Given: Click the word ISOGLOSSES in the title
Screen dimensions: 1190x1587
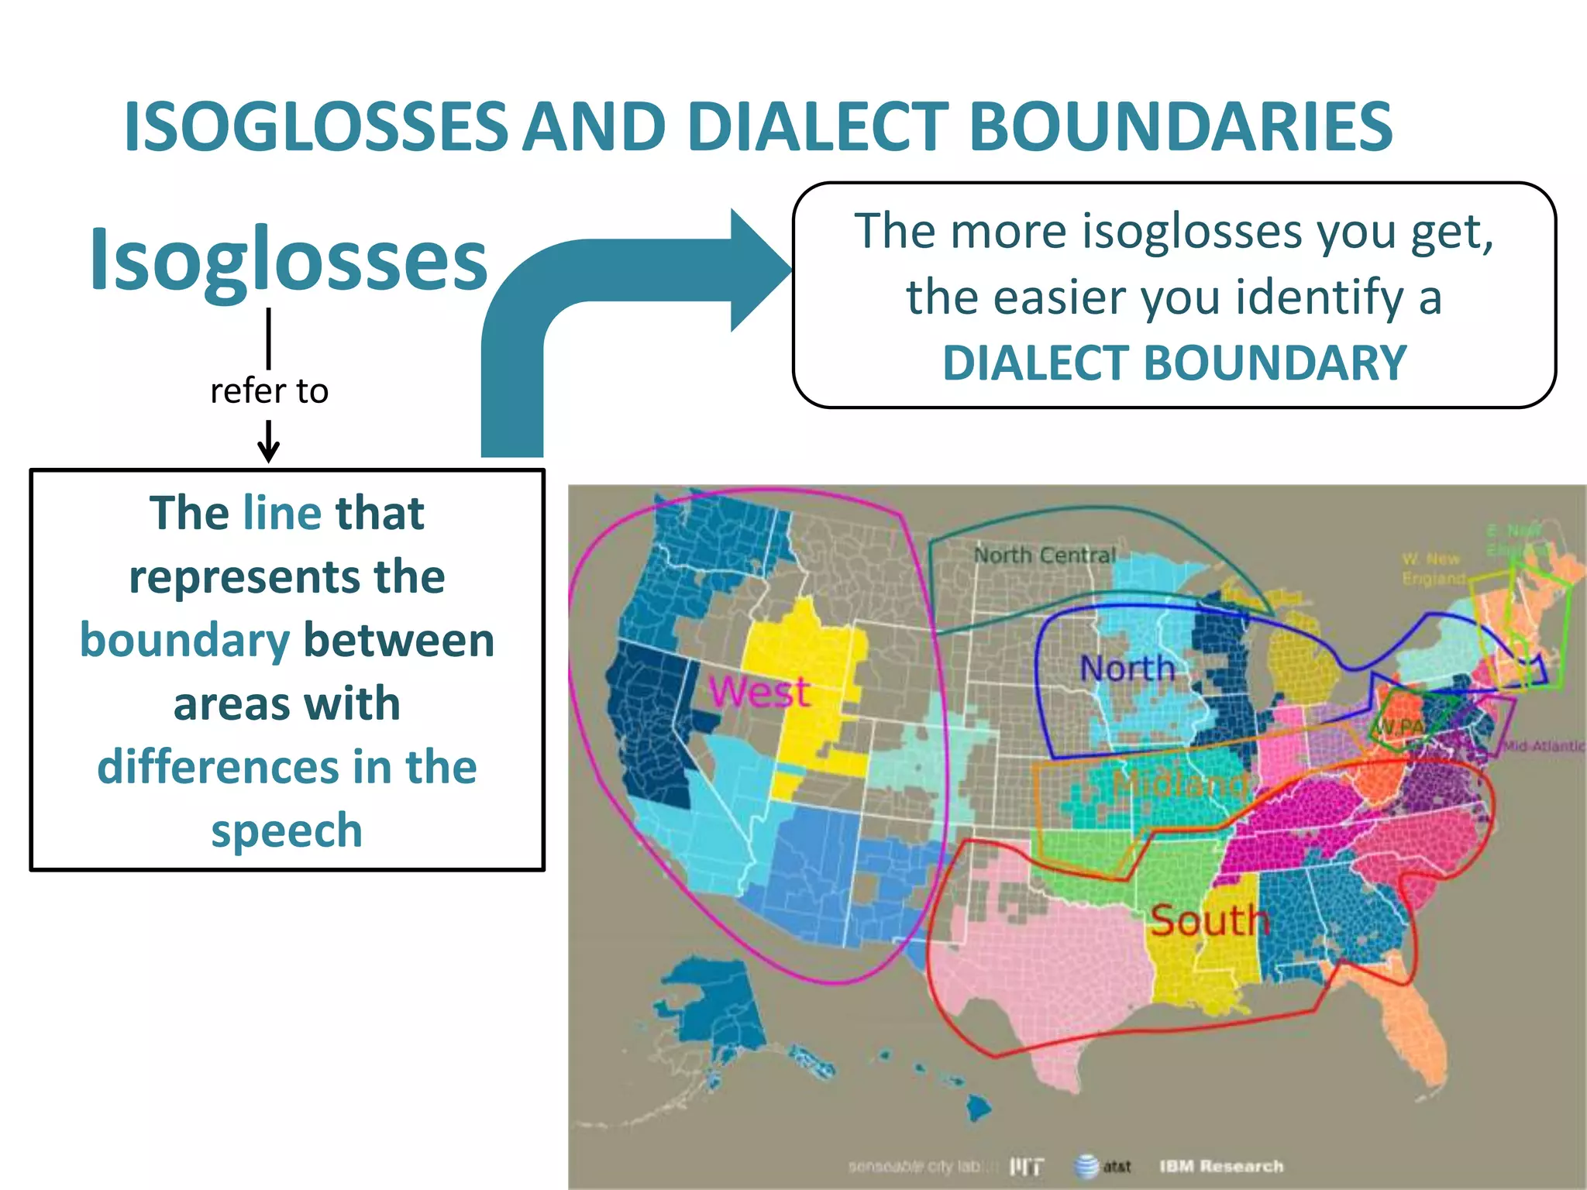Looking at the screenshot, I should tap(316, 127).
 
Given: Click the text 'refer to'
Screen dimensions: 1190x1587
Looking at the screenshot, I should tap(269, 391).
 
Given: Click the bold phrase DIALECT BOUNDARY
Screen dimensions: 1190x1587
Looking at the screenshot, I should tap(1174, 363).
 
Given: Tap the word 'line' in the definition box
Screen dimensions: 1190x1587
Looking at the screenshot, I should tap(282, 513).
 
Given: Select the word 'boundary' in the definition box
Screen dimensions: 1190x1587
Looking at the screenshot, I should tap(184, 641).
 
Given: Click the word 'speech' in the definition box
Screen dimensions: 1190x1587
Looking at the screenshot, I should tap(287, 831).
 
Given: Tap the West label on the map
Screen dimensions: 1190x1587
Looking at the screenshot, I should tap(759, 691).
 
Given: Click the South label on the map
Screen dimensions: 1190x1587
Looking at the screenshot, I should tap(1209, 920).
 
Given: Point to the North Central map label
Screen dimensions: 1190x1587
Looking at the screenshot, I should tap(1045, 555).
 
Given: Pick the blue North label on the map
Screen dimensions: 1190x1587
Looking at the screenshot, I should tap(1127, 668).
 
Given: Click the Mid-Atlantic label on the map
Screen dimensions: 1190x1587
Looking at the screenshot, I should tap(1544, 746).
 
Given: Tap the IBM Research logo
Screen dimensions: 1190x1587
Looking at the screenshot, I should tap(1221, 1166).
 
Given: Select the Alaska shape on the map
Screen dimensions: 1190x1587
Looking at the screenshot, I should tap(709, 1007).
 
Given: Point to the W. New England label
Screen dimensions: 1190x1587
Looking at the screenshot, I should tap(1433, 569).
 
